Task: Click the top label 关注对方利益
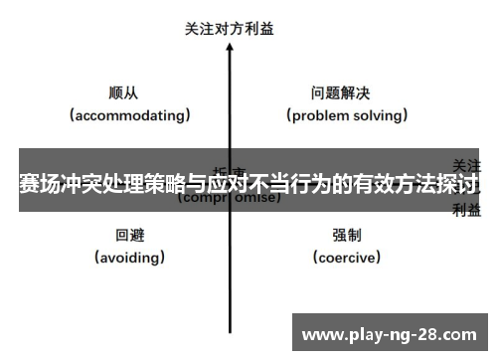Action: click(230, 29)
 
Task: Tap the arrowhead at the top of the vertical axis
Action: click(231, 49)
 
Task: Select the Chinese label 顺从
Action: click(123, 93)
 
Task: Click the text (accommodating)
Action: click(130, 115)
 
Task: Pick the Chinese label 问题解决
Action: click(340, 93)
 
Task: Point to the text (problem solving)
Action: click(348, 115)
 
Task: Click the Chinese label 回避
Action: click(130, 236)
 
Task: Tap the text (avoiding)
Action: click(130, 258)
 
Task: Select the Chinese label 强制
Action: click(347, 236)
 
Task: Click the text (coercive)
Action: click(347, 258)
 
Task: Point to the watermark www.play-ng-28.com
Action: click(390, 332)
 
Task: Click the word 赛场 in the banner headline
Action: click(38, 184)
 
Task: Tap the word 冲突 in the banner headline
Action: click(83, 184)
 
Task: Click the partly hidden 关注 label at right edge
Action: click(467, 164)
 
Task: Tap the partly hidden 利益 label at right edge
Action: click(467, 210)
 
